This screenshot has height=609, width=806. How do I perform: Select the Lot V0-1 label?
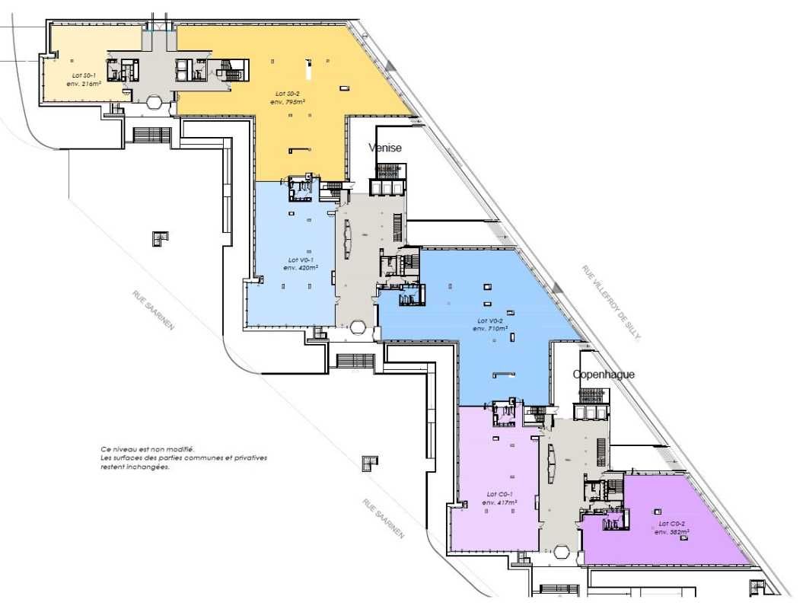pyautogui.click(x=298, y=260)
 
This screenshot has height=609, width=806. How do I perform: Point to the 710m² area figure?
pyautogui.click(x=490, y=328)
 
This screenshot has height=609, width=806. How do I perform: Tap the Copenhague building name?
pyautogui.click(x=604, y=375)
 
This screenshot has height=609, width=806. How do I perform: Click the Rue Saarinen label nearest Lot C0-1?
pyautogui.click(x=384, y=518)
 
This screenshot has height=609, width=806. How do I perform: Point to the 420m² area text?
pyautogui.click(x=298, y=268)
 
